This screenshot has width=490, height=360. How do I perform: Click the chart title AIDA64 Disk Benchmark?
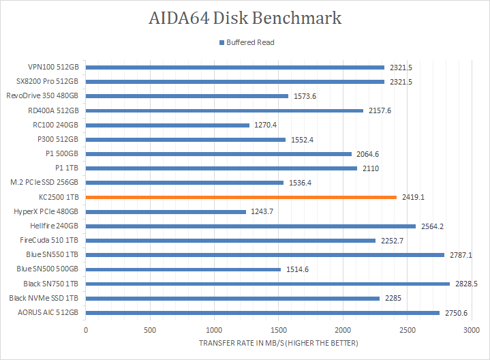[x=245, y=18]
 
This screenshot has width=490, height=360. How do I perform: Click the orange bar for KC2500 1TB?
[x=241, y=197]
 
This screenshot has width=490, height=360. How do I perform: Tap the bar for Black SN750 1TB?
[x=267, y=284]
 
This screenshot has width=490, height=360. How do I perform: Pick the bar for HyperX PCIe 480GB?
[x=166, y=211]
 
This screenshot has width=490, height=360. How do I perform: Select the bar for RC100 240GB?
[x=168, y=125]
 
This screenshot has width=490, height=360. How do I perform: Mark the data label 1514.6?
[x=297, y=269]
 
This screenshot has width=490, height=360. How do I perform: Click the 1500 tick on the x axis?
[x=278, y=329]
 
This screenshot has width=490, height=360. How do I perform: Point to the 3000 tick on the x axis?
[x=471, y=329]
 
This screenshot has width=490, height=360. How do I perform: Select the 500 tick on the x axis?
[x=150, y=329]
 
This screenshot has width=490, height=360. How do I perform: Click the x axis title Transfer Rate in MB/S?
[x=278, y=342]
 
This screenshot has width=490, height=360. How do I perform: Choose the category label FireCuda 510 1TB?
[x=49, y=240]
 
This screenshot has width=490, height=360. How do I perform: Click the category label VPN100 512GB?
[x=53, y=67]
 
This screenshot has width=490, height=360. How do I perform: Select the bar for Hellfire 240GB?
[x=251, y=226]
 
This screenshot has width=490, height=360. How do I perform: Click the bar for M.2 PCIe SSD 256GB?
[x=185, y=183]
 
